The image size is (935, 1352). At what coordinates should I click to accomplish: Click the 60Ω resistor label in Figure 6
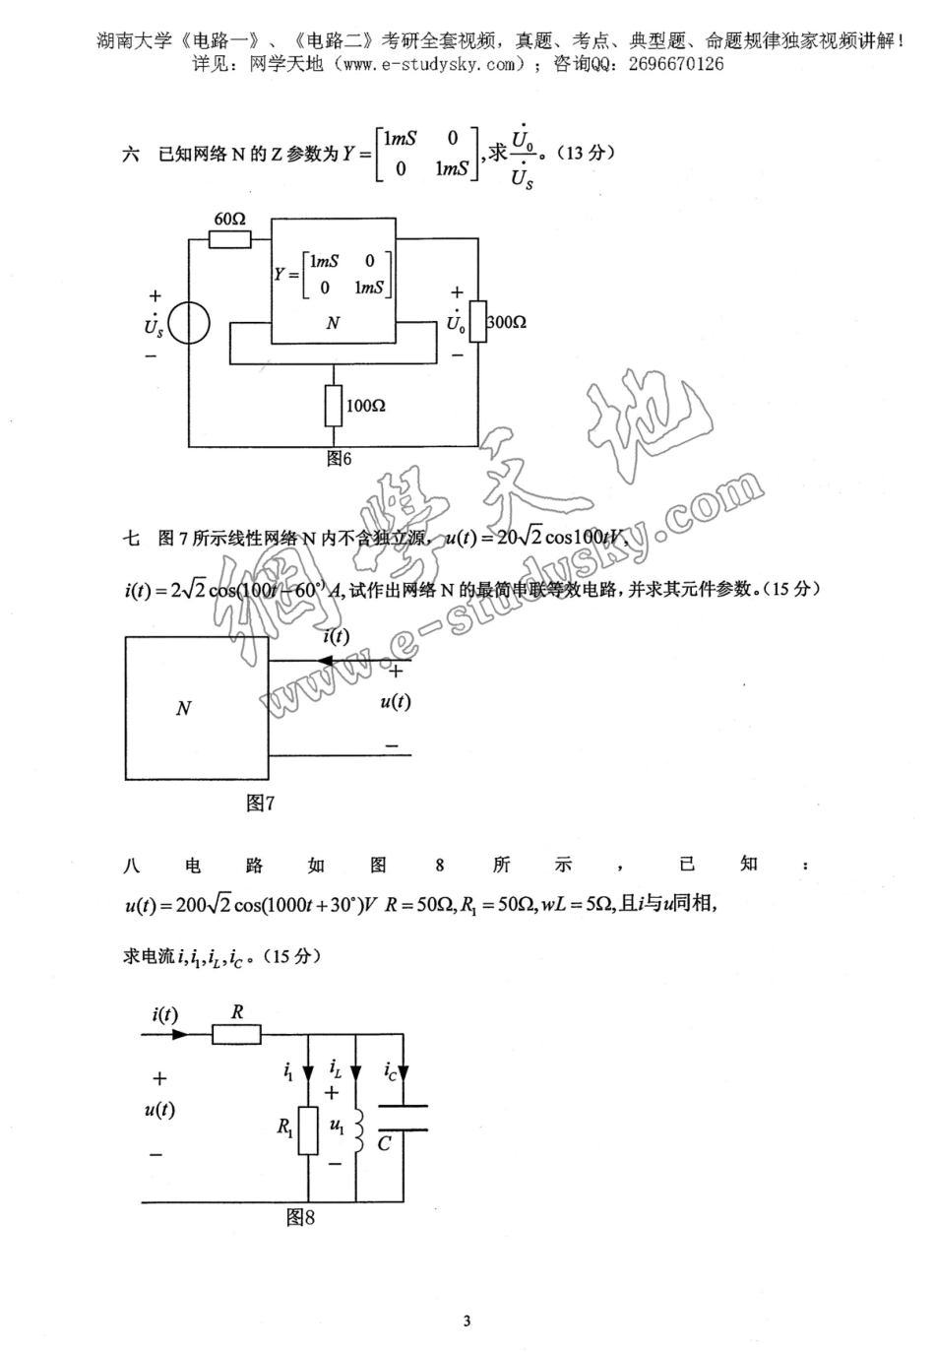click(229, 219)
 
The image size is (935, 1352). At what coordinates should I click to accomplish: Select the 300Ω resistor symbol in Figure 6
click(478, 322)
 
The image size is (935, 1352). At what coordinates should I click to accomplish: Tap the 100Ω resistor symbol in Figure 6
click(335, 406)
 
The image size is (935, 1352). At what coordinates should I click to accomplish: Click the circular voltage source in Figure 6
click(189, 324)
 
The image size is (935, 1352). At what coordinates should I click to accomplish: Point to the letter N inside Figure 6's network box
click(333, 323)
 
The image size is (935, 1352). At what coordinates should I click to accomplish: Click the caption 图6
click(340, 459)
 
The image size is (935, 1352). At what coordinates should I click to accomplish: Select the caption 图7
click(260, 804)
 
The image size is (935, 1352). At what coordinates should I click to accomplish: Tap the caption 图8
click(300, 1218)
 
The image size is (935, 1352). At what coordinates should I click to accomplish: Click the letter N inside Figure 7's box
click(183, 708)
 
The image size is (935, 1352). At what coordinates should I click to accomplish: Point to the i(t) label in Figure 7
click(336, 636)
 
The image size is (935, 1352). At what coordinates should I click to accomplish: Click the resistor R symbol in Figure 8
click(236, 1034)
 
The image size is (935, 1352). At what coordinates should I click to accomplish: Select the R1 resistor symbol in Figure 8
click(309, 1130)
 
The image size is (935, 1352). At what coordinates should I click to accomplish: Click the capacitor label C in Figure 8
click(384, 1143)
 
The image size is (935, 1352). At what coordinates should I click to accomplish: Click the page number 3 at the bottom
click(467, 1320)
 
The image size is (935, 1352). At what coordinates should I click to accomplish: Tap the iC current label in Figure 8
click(391, 1070)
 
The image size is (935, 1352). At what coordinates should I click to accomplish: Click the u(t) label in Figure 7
click(395, 701)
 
